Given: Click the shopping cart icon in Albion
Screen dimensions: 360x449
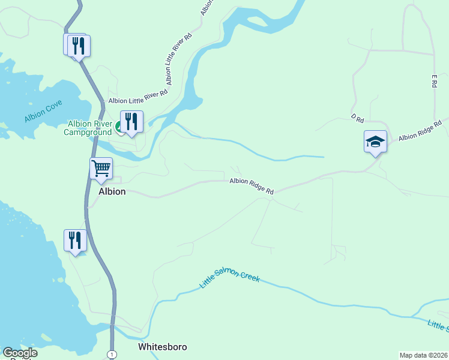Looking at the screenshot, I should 101,168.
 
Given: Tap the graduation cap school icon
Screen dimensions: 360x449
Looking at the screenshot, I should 375,142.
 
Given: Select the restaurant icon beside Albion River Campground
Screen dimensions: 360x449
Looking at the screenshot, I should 131,122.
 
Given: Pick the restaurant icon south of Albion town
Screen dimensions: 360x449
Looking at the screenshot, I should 75,240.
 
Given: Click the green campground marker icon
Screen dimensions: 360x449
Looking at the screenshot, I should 119,127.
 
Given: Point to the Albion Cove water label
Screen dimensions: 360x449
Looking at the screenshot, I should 43,112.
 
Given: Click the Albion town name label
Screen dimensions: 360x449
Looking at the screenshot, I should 112,191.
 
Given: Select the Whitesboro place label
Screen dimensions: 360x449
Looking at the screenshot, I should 162,347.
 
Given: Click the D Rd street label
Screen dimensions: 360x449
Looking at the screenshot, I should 358,119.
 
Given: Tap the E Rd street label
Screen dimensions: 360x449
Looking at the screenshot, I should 433,81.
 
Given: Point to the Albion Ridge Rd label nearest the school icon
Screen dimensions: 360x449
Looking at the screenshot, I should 420,130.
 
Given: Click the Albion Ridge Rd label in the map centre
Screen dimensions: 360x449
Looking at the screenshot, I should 251,186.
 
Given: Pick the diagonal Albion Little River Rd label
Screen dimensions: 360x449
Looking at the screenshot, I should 178,59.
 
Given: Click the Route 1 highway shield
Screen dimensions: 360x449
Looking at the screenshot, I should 112,355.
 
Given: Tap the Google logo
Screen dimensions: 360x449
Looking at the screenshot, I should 20,353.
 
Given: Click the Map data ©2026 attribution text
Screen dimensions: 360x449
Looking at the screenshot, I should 424,355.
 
